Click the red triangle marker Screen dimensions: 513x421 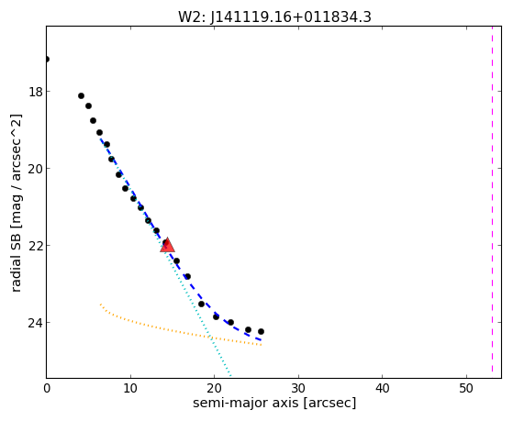pos(168,245)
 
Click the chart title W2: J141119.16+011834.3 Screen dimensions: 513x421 pos(274,17)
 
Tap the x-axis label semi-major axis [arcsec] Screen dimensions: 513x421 pos(274,403)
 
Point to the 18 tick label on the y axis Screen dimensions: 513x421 pos(35,92)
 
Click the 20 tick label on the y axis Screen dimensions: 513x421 pos(35,169)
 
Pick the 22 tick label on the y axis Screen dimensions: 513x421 pos(35,246)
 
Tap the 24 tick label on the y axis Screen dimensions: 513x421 pos(35,323)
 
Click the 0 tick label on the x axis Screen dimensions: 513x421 pos(47,389)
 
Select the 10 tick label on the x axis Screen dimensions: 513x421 pos(130,389)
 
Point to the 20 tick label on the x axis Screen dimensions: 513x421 pos(215,389)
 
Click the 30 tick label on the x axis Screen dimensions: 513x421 pos(298,389)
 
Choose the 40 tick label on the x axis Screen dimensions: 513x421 pos(382,389)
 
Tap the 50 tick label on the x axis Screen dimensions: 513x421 pos(466,389)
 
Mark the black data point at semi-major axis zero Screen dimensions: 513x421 pos(47,60)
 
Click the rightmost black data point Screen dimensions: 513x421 pos(261,332)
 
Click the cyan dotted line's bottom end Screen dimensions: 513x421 pos(231,376)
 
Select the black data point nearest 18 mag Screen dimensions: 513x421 pos(81,95)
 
